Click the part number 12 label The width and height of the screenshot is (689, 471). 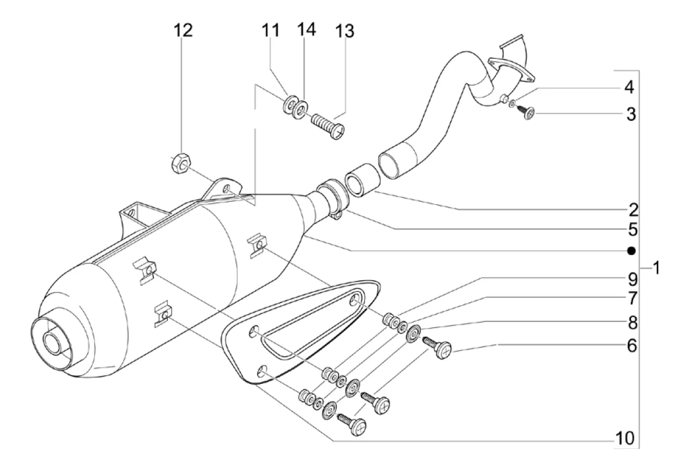(184, 30)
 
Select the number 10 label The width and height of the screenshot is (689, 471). (625, 438)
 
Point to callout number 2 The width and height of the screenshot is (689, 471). (633, 210)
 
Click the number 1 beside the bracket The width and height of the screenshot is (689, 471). (656, 267)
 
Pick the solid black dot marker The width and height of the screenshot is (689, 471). (631, 251)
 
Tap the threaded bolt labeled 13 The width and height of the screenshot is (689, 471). (329, 125)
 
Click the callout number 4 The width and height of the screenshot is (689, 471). (630, 88)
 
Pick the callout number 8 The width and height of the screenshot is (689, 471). (632, 324)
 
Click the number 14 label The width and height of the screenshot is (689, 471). (306, 29)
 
